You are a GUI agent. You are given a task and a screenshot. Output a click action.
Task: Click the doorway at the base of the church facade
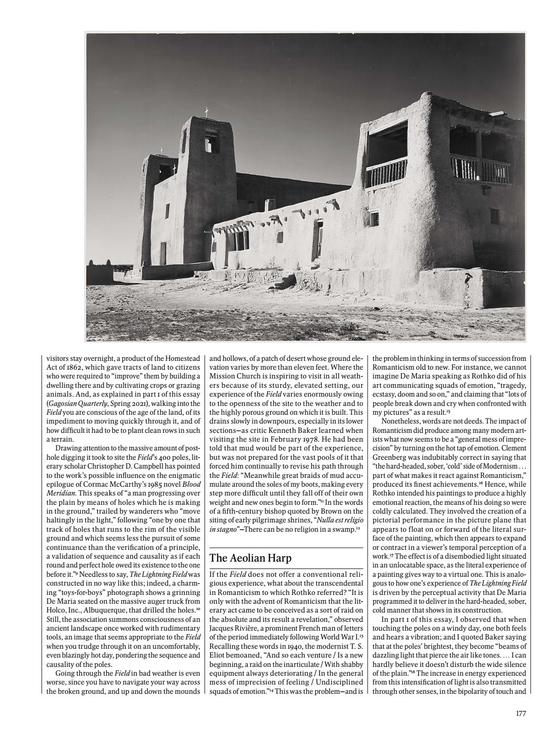[x=163, y=253]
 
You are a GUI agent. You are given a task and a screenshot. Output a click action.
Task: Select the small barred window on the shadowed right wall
[x=495, y=216]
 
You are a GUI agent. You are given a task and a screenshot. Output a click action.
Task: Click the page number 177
[x=521, y=713]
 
